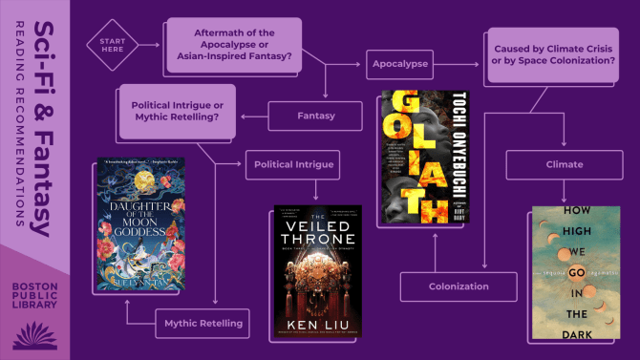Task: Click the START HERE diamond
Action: (112, 44)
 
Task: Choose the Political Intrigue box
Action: (293, 164)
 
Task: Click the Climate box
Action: (564, 164)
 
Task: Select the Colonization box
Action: (458, 286)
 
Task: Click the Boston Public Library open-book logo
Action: (34, 334)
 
